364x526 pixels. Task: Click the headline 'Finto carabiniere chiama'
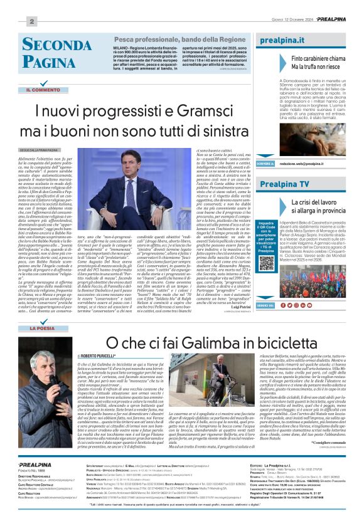318,58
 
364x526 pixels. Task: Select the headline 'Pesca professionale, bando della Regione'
176,39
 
